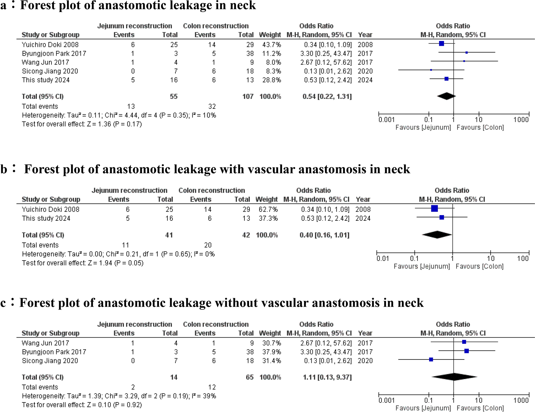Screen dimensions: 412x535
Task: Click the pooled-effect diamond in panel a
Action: click(x=446, y=96)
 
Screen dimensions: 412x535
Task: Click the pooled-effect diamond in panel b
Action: click(x=437, y=235)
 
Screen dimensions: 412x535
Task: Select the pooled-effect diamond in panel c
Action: click(x=454, y=377)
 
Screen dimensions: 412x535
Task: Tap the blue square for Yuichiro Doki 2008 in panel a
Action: click(x=441, y=43)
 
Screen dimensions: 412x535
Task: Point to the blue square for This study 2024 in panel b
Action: click(x=442, y=217)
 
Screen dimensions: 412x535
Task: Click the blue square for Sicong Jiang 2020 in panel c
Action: click(x=431, y=360)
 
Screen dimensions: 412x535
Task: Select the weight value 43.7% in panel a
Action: click(x=271, y=45)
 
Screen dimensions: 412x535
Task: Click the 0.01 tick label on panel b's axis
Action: click(x=383, y=258)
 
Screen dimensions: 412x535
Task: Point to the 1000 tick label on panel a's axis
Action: click(x=521, y=120)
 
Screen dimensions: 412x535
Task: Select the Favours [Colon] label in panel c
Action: click(x=480, y=408)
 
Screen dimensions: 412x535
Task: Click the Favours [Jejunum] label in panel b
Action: click(x=422, y=266)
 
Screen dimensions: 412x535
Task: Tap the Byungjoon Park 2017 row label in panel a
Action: click(x=54, y=54)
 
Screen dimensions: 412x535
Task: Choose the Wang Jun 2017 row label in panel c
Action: click(x=45, y=343)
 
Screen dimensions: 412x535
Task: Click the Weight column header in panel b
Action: click(x=266, y=199)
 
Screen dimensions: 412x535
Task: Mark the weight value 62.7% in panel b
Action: click(x=268, y=209)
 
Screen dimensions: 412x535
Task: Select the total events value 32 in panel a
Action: click(x=212, y=106)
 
